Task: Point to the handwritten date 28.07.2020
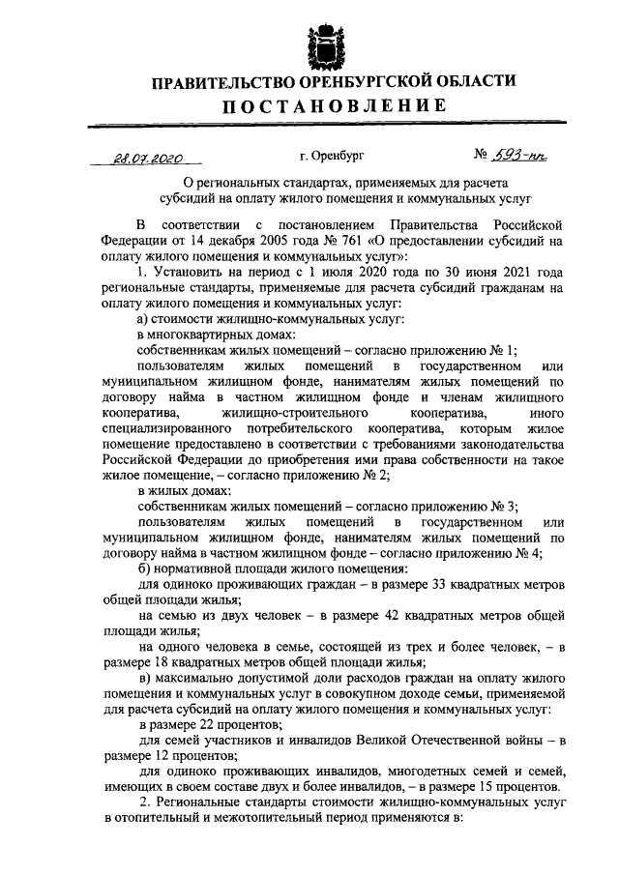146,156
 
